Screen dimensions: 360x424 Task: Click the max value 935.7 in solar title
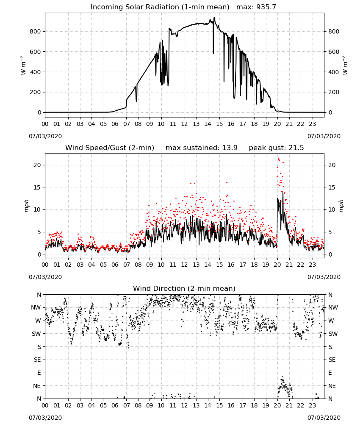[266, 7]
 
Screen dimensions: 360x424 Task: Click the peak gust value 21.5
[296, 148]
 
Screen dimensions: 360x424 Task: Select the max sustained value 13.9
[230, 148]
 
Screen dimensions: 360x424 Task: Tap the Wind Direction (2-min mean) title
[184, 288]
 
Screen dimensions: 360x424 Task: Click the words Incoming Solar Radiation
[135, 7]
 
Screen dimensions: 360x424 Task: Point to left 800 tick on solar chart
[36, 31]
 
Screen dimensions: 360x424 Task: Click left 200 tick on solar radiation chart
[36, 92]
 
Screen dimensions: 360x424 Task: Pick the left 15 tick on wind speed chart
[38, 187]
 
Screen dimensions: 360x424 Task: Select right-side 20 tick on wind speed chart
[332, 165]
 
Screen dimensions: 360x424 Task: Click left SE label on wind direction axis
[37, 360]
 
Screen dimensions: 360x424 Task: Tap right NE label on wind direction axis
[332, 386]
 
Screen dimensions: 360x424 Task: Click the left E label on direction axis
[39, 373]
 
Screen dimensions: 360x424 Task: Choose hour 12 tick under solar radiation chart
[184, 124]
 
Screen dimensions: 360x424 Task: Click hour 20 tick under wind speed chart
[277, 265]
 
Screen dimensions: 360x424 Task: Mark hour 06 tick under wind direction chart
[115, 405]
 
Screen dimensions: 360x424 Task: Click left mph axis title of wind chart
[26, 206]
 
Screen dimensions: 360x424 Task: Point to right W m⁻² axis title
[345, 65]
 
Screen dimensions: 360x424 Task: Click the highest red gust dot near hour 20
[278, 159]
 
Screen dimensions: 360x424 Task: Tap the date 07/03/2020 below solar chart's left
[45, 136]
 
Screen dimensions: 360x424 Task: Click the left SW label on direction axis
[36, 334]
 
